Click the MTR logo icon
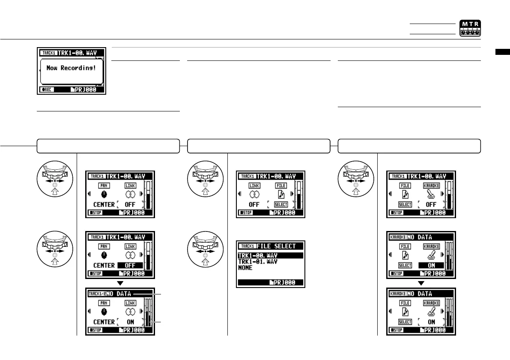point(470,28)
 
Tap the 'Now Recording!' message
point(71,69)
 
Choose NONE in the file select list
point(245,267)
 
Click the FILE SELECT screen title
point(276,246)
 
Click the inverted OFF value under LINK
point(130,265)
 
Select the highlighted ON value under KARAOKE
point(431,265)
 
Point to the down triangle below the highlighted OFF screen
point(120,283)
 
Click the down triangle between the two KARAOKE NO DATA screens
point(421,283)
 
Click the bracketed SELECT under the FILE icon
point(281,205)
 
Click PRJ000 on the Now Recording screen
point(87,90)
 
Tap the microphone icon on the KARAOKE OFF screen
point(431,194)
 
